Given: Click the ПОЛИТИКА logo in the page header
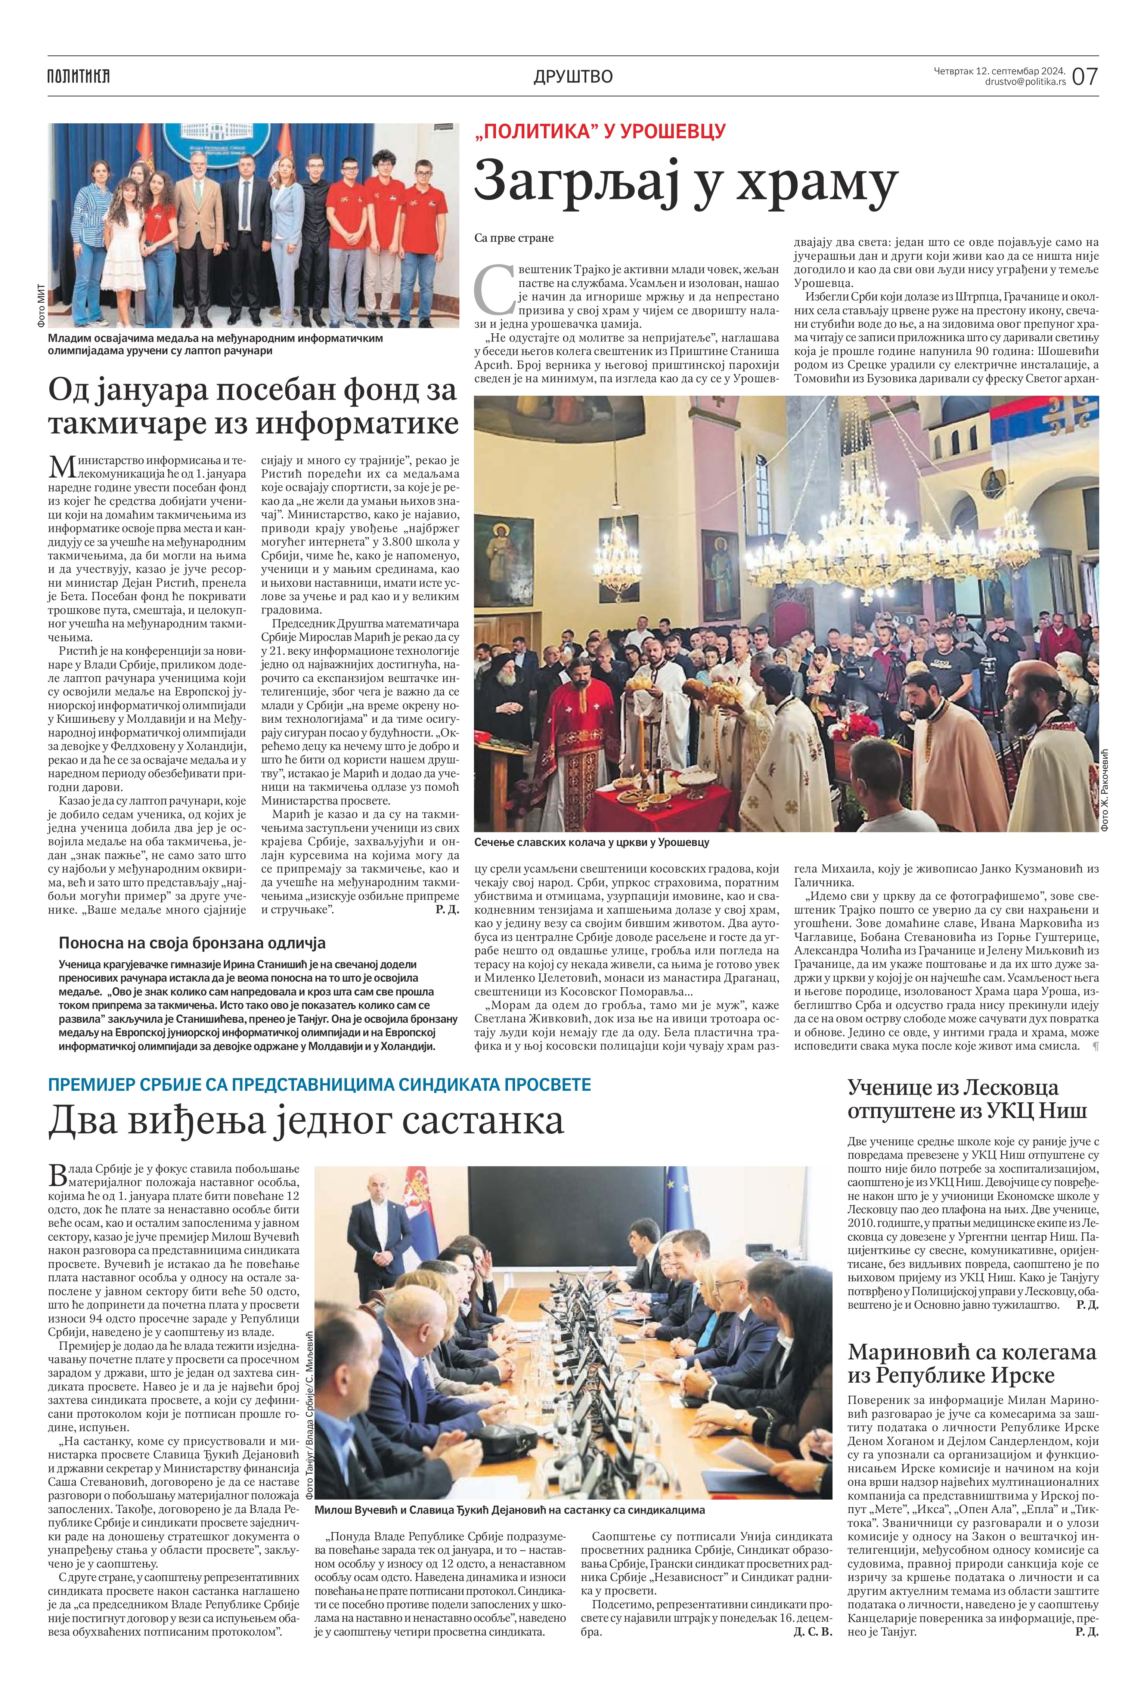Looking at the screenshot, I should coord(78,76).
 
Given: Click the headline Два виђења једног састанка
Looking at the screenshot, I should coord(306,1122).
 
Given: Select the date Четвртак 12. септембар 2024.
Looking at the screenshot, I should coord(1000,71).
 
